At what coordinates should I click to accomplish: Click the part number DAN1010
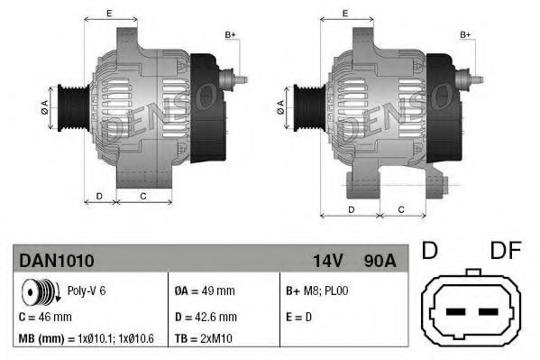click(56, 261)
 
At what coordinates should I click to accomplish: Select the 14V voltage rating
click(326, 261)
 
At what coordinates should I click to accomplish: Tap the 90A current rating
click(378, 261)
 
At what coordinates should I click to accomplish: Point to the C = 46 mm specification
click(45, 317)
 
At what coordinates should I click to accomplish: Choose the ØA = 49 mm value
click(205, 291)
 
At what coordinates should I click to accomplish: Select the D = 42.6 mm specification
click(205, 317)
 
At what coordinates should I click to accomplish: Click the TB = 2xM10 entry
click(203, 339)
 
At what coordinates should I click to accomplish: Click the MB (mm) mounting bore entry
click(87, 339)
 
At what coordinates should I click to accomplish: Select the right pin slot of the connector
click(488, 312)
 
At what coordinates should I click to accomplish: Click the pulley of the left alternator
click(69, 106)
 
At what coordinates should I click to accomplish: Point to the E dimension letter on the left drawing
click(109, 13)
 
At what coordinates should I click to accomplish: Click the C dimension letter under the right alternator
click(400, 209)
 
